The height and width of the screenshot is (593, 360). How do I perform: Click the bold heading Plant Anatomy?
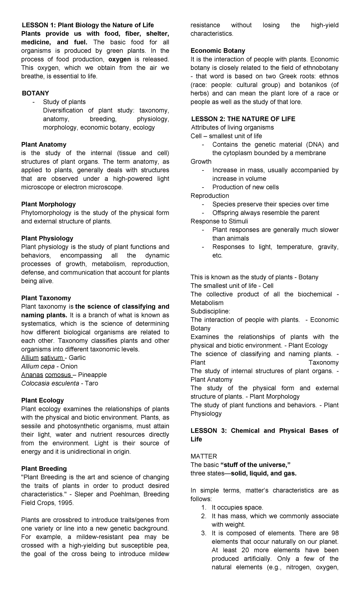[44, 145]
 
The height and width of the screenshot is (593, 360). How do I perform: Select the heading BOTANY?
[35, 93]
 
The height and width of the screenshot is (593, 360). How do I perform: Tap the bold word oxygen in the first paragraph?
[119, 59]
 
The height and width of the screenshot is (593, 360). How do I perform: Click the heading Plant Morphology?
[48, 204]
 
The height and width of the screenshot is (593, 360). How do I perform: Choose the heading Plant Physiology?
[47, 239]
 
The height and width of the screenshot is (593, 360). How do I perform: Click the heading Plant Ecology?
[42, 401]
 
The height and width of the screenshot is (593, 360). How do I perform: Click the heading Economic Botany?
[218, 51]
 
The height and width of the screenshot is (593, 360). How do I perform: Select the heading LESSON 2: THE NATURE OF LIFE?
[243, 119]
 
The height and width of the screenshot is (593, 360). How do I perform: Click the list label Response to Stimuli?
[219, 221]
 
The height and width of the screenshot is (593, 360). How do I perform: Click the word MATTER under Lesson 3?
[204, 456]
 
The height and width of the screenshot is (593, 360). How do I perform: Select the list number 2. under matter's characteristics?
[204, 516]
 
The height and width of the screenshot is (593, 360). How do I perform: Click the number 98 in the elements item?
[334, 533]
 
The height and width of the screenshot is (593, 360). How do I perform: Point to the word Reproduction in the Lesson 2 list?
[210, 196]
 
